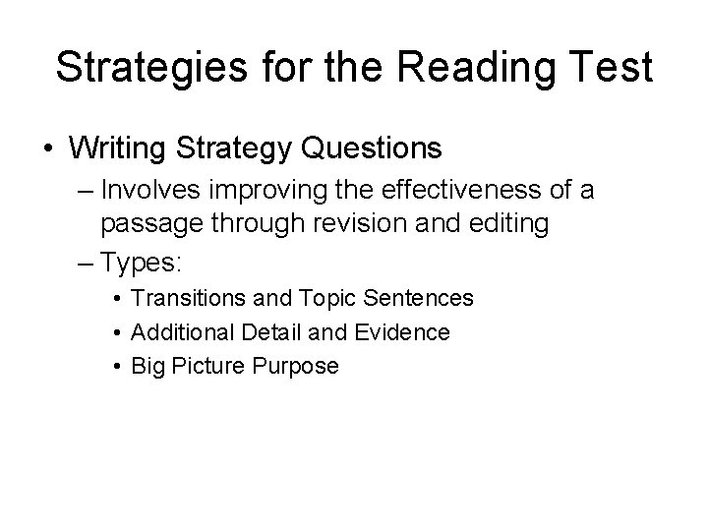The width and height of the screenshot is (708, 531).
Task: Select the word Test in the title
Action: pyautogui.click(x=610, y=68)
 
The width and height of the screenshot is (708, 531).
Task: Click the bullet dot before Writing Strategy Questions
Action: pyautogui.click(x=48, y=150)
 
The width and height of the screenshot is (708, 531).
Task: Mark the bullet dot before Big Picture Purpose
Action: pyautogui.click(x=116, y=367)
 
